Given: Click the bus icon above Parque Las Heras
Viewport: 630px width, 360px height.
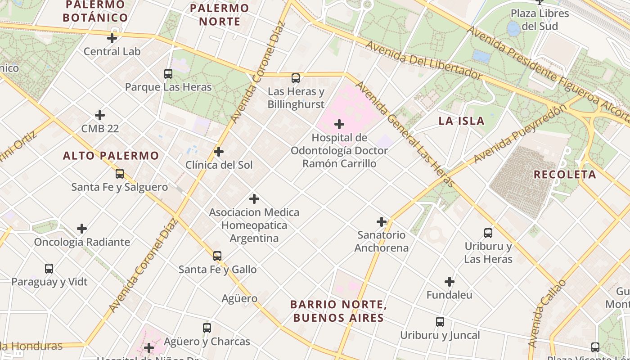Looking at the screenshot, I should [168, 74].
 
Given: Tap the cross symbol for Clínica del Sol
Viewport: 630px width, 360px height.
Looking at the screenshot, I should [219, 152].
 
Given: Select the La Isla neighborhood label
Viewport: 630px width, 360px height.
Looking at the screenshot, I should [461, 121].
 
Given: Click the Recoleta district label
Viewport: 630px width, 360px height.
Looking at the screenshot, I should [565, 174].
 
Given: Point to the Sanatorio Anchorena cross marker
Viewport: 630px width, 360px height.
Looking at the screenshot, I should [382, 222].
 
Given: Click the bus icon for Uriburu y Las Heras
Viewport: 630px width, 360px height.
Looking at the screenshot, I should [488, 233].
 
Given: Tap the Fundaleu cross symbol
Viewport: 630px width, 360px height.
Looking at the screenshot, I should [449, 282].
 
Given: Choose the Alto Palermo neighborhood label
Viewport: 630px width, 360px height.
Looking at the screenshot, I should [111, 156].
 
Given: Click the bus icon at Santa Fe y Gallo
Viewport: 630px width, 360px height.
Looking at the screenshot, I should [217, 256].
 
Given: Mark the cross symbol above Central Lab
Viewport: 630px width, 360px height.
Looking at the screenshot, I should [112, 38].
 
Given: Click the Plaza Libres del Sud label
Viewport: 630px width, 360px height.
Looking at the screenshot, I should [540, 20].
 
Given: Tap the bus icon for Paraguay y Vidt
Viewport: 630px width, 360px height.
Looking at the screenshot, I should [49, 269].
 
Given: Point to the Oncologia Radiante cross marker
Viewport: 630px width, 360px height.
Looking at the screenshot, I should [82, 229].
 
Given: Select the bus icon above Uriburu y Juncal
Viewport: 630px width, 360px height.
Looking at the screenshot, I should [440, 322].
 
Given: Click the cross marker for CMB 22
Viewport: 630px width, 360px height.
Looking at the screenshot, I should [100, 116].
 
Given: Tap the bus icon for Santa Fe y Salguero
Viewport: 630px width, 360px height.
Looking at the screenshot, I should [119, 174].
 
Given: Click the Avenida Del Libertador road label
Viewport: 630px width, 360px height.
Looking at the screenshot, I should [423, 60].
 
